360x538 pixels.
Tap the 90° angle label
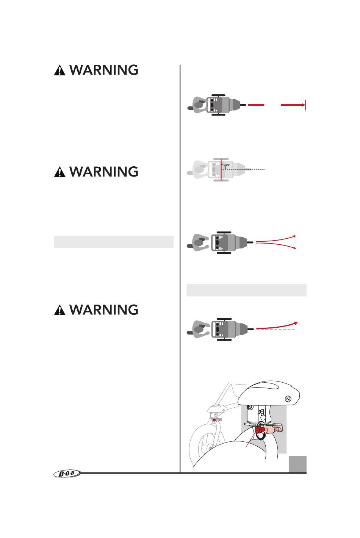[227, 165]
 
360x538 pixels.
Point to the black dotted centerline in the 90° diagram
[250, 169]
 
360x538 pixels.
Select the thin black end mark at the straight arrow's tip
[305, 105]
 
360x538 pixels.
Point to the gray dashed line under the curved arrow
[280, 330]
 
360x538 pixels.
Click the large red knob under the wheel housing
[259, 430]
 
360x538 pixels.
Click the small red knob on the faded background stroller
[216, 420]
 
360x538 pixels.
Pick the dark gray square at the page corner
[297, 464]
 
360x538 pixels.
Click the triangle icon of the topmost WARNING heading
[59, 70]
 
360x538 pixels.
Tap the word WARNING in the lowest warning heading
[104, 310]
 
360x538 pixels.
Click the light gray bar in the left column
[114, 242]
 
